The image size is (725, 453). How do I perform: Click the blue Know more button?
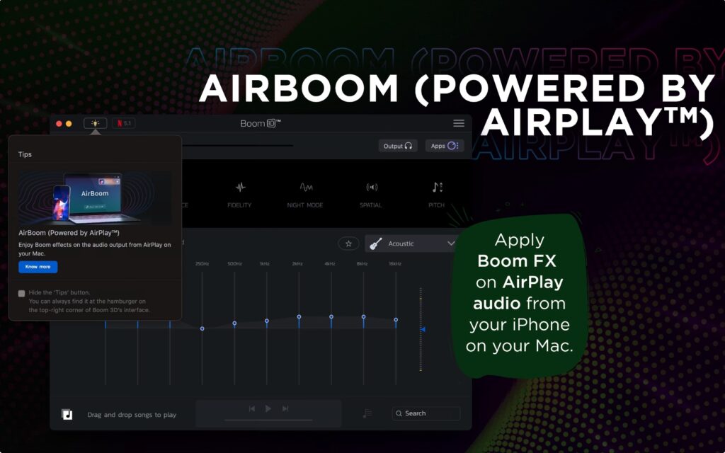(x=38, y=267)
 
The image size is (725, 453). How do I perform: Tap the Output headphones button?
(x=397, y=146)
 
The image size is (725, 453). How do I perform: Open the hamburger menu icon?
(x=459, y=123)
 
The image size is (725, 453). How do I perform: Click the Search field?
(x=426, y=413)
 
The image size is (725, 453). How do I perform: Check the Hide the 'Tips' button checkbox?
(x=21, y=293)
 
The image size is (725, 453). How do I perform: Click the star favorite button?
(x=348, y=243)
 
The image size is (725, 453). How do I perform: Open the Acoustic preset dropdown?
(x=412, y=243)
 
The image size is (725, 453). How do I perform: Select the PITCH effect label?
(x=437, y=205)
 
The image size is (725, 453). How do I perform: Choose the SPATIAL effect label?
(x=370, y=205)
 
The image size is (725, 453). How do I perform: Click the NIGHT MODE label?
(x=305, y=205)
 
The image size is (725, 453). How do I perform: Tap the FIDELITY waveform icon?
(x=240, y=188)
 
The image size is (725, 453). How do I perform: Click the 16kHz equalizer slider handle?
(x=396, y=320)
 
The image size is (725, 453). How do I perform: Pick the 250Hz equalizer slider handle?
(x=202, y=328)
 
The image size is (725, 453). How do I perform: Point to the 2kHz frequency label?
(x=297, y=264)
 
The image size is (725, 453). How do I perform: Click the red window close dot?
(x=59, y=124)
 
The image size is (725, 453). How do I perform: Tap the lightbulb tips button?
(x=96, y=123)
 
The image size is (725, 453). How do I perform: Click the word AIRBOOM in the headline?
(x=299, y=88)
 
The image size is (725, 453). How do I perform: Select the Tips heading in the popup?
(x=25, y=154)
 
